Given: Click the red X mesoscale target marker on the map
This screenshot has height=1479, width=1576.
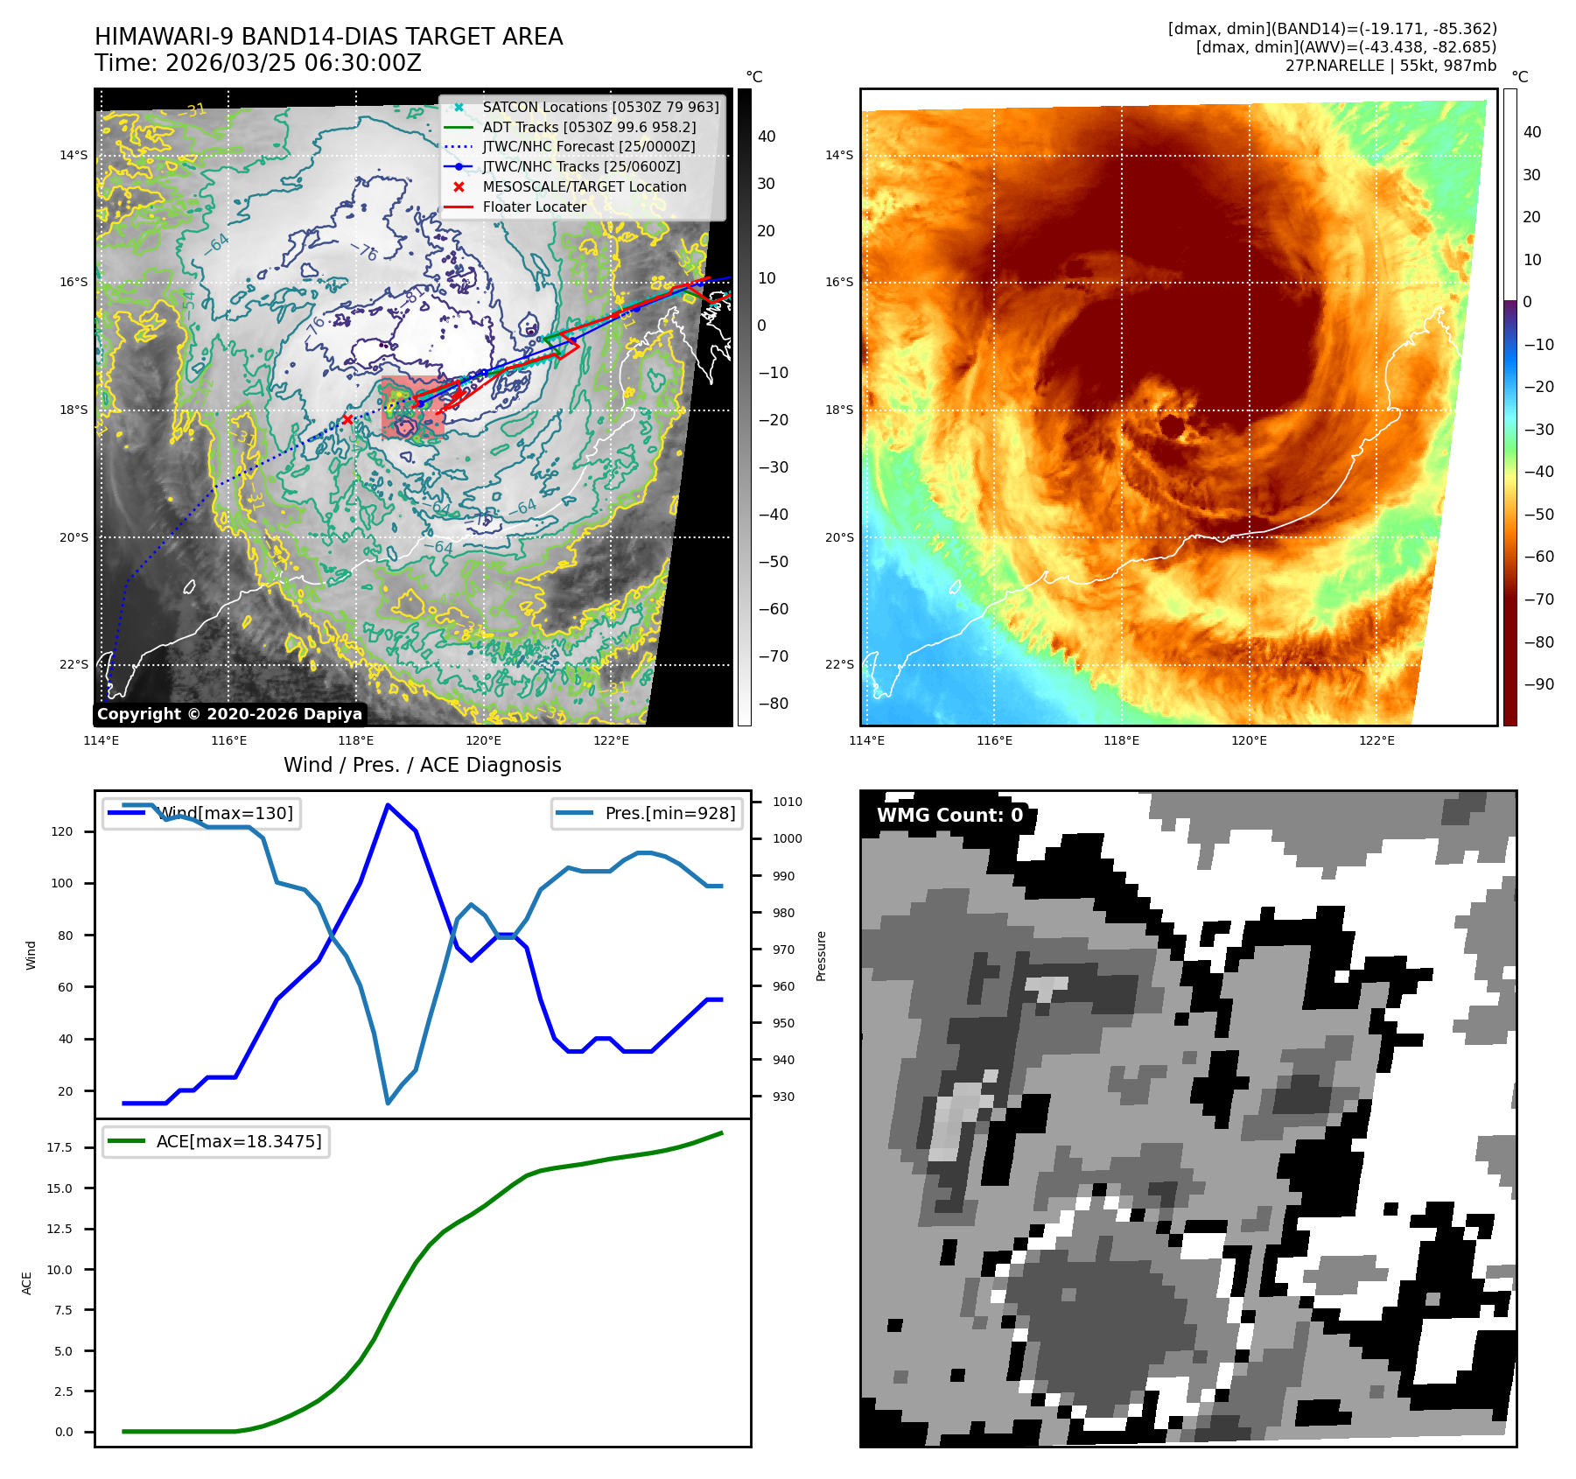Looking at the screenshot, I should tap(347, 420).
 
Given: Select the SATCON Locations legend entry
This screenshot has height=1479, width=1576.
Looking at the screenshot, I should tap(600, 107).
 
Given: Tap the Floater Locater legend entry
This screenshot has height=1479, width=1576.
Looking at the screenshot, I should tap(534, 207).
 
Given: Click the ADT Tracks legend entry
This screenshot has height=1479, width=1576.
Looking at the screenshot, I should tap(589, 127).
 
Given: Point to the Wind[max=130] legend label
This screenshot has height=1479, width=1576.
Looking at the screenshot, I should tap(226, 813).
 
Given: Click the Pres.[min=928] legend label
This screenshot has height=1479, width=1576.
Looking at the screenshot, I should tap(669, 813).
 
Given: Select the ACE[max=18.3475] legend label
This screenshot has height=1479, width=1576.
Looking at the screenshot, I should tap(238, 1141).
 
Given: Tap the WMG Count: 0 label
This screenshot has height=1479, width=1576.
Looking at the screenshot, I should tap(949, 815).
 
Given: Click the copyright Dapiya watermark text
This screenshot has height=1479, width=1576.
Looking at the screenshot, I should tap(229, 714).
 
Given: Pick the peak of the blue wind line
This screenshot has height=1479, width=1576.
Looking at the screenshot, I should tap(388, 805).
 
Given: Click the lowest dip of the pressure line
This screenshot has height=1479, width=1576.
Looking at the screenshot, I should tap(388, 1103).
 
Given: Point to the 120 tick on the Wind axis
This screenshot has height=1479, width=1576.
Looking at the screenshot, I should tap(63, 831).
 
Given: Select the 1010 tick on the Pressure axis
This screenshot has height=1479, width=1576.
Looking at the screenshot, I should tap(787, 802).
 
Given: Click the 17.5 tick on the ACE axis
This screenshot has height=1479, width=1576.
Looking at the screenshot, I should tap(60, 1147).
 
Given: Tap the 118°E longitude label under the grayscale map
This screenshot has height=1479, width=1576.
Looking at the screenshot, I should tap(355, 740).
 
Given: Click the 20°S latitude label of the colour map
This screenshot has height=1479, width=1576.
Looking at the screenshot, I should tap(839, 537).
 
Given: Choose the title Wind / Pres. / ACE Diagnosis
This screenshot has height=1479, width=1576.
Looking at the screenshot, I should tap(423, 765).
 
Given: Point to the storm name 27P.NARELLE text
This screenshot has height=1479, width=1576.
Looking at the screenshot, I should tap(1334, 66).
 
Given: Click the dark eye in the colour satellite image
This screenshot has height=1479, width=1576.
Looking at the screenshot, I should tap(1171, 426).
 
